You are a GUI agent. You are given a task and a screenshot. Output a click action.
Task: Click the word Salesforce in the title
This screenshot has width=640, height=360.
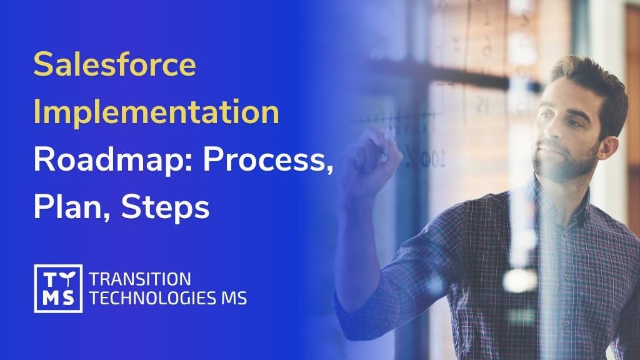point(114,65)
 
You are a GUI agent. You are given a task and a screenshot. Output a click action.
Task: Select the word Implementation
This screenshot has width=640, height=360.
point(156,112)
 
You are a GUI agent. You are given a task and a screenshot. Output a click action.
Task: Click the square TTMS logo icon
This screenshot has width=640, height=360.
point(58,288)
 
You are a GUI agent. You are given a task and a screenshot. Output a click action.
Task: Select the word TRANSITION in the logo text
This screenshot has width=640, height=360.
point(140,279)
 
